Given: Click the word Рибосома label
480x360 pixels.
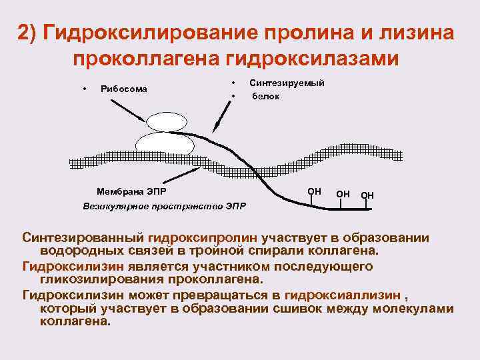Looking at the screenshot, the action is [124, 89].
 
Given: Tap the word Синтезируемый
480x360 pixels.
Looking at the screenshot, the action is [287, 83].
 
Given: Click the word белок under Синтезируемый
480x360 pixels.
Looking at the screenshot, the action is [265, 96].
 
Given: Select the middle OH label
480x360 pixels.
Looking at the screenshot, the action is [343, 194].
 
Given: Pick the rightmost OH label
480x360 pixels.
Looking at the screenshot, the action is [367, 195].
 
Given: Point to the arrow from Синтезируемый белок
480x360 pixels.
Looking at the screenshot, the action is [219, 121].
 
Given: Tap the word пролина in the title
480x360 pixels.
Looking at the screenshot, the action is [309, 34].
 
